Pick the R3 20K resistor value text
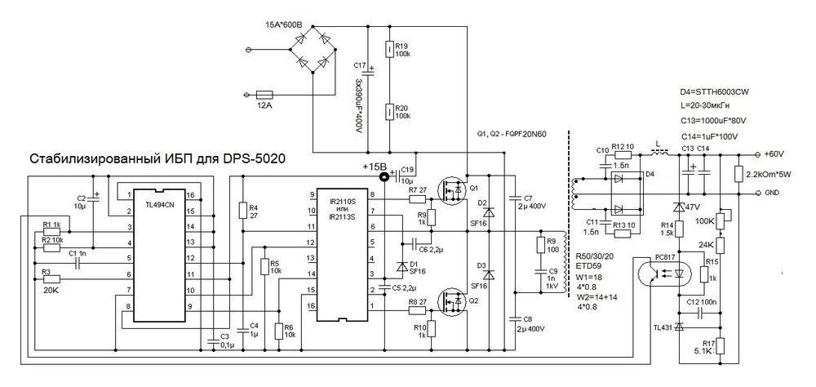pyautogui.click(x=50, y=290)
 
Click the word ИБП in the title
pyautogui.click(x=181, y=158)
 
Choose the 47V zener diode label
pyautogui.click(x=694, y=207)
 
